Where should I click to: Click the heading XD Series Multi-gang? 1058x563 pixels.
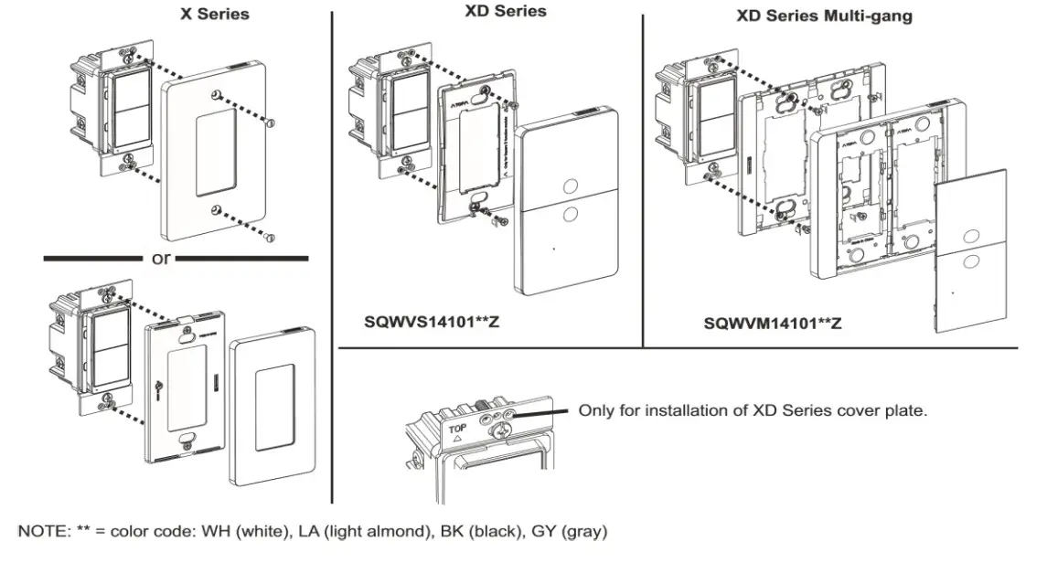[x=823, y=16]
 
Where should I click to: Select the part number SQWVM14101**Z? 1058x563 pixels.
[x=773, y=324]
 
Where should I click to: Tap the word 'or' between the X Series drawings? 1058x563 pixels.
[x=161, y=259]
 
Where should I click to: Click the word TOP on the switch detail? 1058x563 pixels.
[x=455, y=425]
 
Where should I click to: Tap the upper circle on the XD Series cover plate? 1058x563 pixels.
[x=571, y=186]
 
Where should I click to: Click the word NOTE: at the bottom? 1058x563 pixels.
[x=44, y=531]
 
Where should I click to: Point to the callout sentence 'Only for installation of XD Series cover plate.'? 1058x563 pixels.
[x=753, y=411]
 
